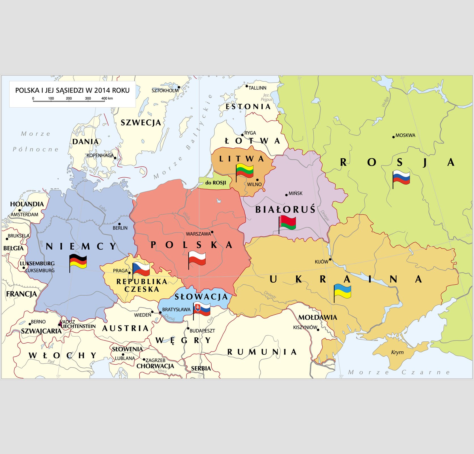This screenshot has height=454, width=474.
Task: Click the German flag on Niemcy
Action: click(x=78, y=261)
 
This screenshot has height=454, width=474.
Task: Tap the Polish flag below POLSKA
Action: click(x=197, y=258)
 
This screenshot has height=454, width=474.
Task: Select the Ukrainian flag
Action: click(x=343, y=291)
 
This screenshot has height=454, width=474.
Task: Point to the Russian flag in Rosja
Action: click(x=401, y=178)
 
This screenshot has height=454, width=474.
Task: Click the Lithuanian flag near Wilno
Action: click(x=245, y=171)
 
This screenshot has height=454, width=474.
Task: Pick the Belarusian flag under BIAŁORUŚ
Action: click(x=288, y=223)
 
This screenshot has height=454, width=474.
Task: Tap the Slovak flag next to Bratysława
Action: click(x=202, y=309)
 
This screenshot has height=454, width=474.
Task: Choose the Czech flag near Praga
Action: click(x=141, y=269)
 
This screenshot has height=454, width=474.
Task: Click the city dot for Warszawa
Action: click(x=212, y=232)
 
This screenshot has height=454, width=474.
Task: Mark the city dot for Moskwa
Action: click(x=393, y=137)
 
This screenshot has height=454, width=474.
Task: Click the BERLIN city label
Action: click(x=120, y=228)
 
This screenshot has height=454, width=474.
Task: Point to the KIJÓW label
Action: click(x=321, y=262)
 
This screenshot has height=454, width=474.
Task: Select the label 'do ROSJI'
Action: click(x=216, y=183)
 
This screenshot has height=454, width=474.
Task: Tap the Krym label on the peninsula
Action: click(x=397, y=352)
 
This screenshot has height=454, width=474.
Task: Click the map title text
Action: click(x=72, y=90)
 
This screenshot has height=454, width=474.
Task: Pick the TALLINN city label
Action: click(x=257, y=88)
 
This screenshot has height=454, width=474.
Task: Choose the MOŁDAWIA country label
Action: click(x=318, y=317)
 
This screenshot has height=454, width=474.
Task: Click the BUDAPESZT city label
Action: click(x=202, y=331)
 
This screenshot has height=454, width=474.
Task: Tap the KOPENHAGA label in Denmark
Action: click(x=100, y=155)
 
